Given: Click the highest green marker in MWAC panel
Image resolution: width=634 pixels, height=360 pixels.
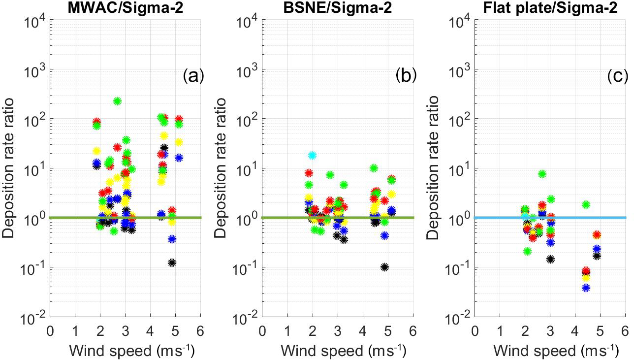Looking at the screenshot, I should click(117, 101).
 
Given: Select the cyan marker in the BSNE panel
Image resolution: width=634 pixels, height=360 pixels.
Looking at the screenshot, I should click(312, 155).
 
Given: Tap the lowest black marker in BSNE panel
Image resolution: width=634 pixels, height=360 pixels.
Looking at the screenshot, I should click(384, 267).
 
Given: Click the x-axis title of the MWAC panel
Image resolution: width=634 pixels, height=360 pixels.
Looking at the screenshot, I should click(125, 352).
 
